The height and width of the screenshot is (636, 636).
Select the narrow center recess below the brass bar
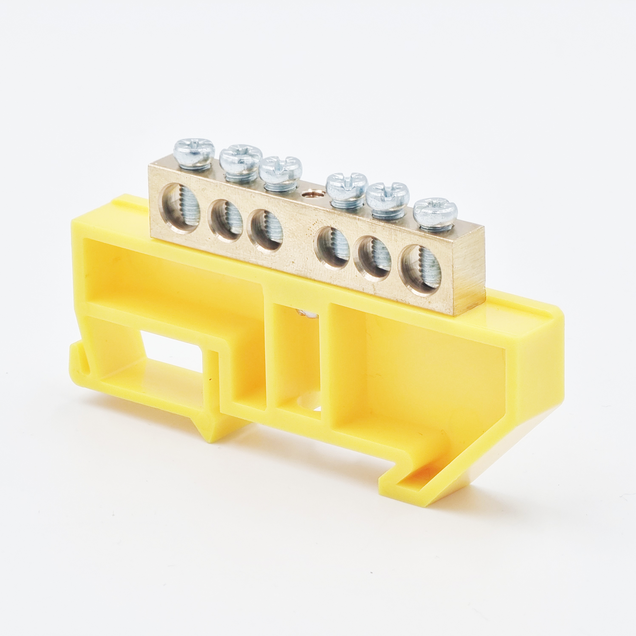click(296, 362)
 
